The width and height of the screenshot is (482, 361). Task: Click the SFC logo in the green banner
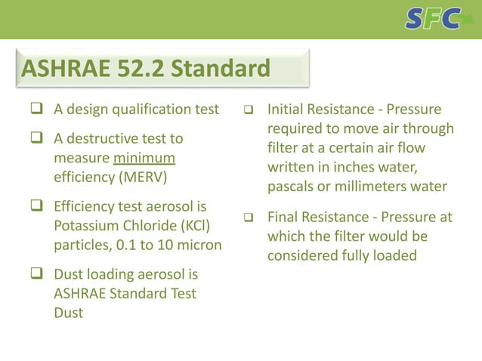(x=432, y=18)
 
